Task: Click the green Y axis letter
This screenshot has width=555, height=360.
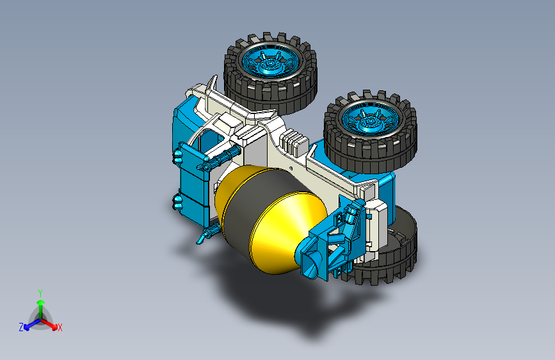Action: click(40, 293)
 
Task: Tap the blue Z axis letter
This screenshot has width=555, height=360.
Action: click(21, 327)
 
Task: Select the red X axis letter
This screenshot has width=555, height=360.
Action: click(60, 328)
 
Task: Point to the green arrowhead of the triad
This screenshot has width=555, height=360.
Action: click(41, 303)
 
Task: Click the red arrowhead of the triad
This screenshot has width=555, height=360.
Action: click(54, 326)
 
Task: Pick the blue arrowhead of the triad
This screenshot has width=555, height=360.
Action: click(26, 327)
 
